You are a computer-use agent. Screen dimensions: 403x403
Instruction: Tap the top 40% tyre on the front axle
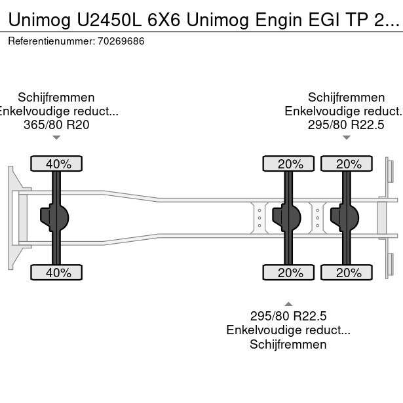click(56, 164)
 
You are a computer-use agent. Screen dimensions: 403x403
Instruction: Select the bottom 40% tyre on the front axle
click(56, 273)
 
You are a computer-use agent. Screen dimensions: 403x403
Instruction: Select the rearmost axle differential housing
click(345, 218)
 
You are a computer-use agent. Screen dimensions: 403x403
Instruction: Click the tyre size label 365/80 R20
click(56, 125)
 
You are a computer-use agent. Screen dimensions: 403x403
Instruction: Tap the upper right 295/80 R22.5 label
click(346, 125)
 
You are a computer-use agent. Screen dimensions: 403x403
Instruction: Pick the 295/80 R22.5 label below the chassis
click(288, 316)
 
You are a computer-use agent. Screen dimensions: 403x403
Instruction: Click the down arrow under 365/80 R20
click(56, 138)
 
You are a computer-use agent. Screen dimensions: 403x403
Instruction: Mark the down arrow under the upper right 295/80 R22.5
click(346, 138)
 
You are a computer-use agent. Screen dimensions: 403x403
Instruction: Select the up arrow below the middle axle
click(288, 303)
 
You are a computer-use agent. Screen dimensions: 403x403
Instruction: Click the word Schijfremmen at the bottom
click(288, 345)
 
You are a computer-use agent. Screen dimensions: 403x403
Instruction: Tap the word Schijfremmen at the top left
click(56, 97)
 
